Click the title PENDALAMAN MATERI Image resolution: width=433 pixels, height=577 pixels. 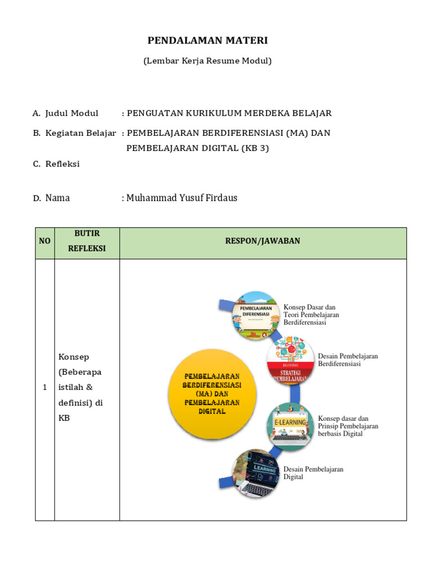[x=207, y=40]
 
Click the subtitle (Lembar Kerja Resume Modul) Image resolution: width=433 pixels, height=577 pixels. [x=207, y=60]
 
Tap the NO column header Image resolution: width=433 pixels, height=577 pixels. [x=45, y=241]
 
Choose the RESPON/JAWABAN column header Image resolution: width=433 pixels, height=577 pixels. [x=263, y=241]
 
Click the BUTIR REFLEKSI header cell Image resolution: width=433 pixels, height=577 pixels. [x=87, y=241]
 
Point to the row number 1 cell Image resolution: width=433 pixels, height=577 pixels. [x=45, y=388]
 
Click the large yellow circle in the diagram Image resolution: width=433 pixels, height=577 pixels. [x=211, y=395]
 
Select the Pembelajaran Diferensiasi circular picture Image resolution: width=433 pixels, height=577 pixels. [x=256, y=316]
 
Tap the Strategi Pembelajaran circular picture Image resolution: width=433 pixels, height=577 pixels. [x=290, y=361]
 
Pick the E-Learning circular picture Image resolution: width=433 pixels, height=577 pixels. [x=290, y=427]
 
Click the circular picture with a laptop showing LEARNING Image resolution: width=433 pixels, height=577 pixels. [x=256, y=472]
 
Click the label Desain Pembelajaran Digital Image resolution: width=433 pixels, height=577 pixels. [x=313, y=473]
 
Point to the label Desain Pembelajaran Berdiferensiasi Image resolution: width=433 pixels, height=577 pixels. [x=347, y=360]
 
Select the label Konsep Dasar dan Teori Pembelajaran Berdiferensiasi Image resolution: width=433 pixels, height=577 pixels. [x=311, y=315]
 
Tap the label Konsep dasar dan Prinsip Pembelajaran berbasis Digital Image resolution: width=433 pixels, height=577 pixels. [x=348, y=426]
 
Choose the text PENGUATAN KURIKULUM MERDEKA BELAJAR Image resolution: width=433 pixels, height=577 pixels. [x=229, y=113]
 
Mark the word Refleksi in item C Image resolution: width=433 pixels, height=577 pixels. [x=63, y=164]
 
